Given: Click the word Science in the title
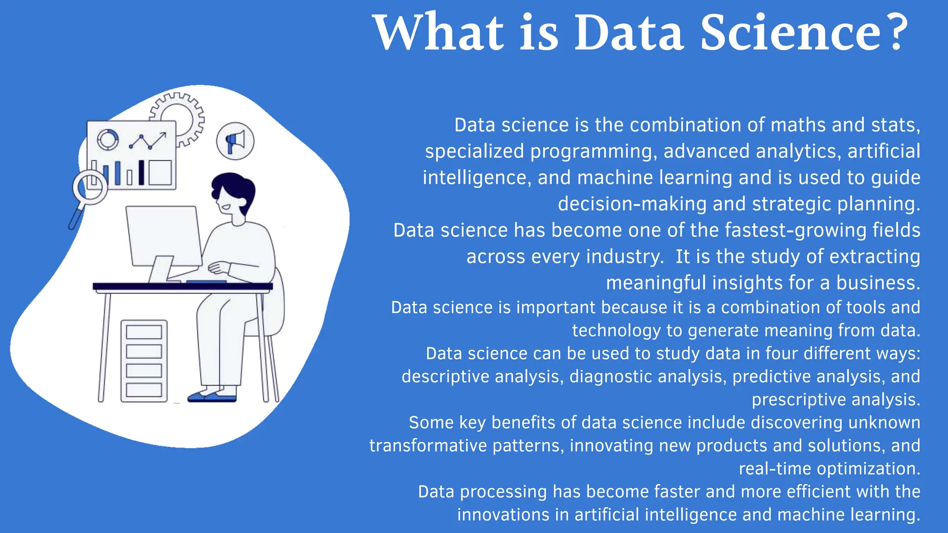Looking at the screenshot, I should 791,32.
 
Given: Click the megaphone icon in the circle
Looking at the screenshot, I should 235,141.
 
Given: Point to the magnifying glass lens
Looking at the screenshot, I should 90,186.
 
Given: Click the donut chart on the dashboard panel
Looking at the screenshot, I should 108,139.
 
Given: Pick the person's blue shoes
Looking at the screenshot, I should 212,397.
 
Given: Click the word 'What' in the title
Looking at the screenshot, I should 438,32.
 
